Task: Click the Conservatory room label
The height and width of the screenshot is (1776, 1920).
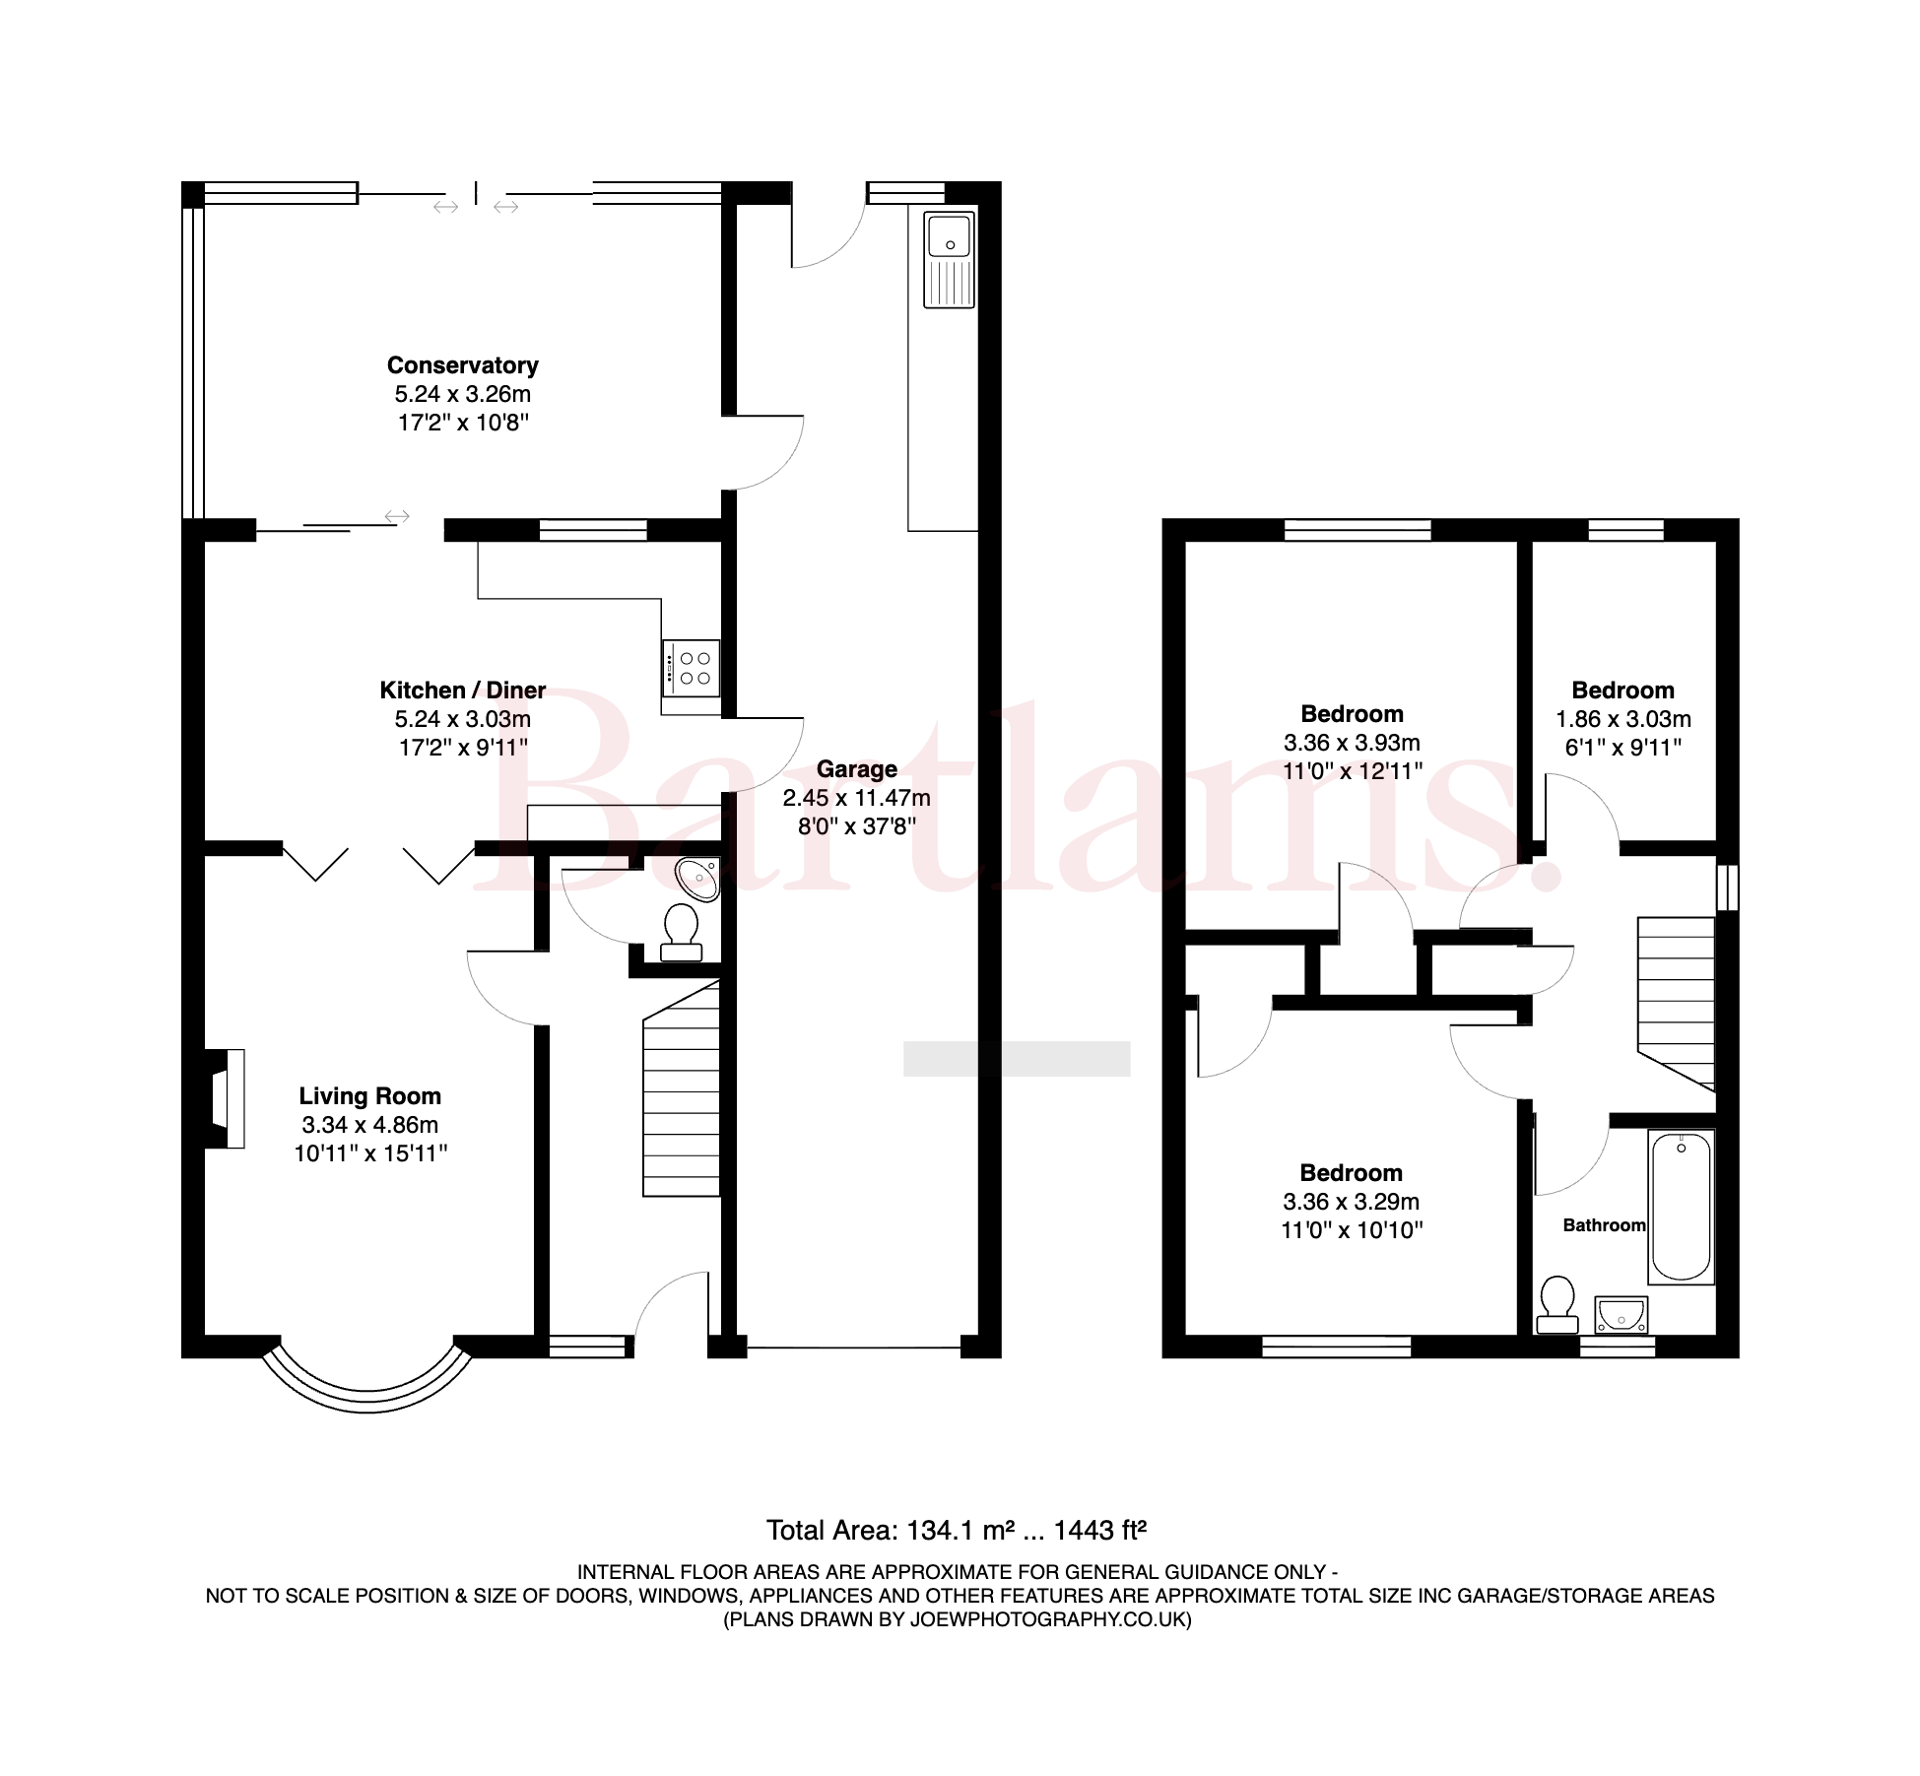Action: (462, 365)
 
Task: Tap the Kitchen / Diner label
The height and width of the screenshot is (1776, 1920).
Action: (462, 691)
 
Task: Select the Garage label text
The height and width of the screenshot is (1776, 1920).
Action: (856, 769)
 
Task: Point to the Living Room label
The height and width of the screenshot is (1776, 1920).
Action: (369, 1096)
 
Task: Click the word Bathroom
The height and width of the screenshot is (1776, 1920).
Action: (1604, 1225)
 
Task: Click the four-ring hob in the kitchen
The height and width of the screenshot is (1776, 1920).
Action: (691, 669)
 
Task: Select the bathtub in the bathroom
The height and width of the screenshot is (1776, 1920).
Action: (1682, 1208)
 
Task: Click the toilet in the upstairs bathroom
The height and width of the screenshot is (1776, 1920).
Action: (1557, 1305)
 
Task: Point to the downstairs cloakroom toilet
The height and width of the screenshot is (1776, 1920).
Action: (681, 933)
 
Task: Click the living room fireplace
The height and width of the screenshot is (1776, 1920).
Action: (226, 1098)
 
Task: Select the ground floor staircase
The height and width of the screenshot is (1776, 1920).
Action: (681, 1088)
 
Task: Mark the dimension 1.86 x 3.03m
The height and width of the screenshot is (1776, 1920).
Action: (1623, 719)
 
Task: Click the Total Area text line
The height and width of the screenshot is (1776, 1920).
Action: (957, 1530)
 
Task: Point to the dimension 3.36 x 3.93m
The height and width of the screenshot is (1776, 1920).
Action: (1352, 743)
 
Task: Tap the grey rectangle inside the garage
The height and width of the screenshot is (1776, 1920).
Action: (1017, 1059)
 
